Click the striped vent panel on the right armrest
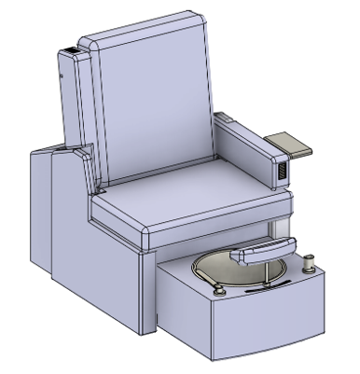(x=278, y=173)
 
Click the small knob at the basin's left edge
(x=221, y=292)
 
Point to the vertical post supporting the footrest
(x=274, y=270)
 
